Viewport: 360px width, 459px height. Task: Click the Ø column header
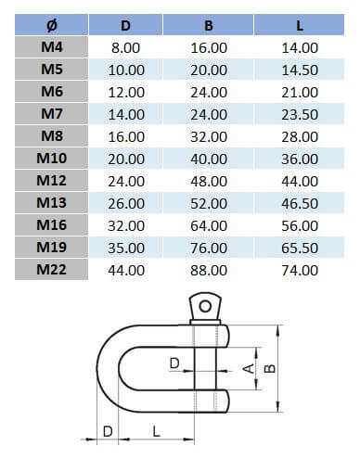click(x=52, y=24)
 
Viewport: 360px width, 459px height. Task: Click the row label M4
click(x=52, y=46)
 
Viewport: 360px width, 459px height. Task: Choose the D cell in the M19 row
click(x=127, y=248)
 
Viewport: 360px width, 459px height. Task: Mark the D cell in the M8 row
click(x=127, y=135)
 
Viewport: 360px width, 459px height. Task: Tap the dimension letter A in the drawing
click(x=247, y=369)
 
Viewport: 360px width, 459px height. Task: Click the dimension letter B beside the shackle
click(x=270, y=369)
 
